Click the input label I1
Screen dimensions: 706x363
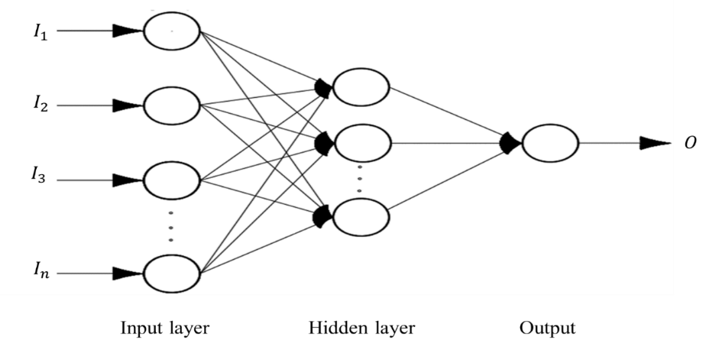pos(40,33)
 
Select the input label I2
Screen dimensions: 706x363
pos(40,105)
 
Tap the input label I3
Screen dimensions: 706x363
pos(38,174)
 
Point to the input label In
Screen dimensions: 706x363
pos(40,271)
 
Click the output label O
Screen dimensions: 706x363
pos(690,144)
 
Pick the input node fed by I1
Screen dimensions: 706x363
pos(172,31)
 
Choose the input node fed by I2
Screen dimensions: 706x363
pos(172,105)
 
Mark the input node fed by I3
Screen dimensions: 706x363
pos(172,180)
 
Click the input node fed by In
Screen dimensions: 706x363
pos(172,274)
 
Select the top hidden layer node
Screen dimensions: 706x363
pos(361,87)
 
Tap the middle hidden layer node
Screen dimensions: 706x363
pos(362,143)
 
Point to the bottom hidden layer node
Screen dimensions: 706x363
pos(361,217)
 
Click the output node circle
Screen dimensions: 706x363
pos(550,143)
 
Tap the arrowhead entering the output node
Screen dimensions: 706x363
pos(510,143)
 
